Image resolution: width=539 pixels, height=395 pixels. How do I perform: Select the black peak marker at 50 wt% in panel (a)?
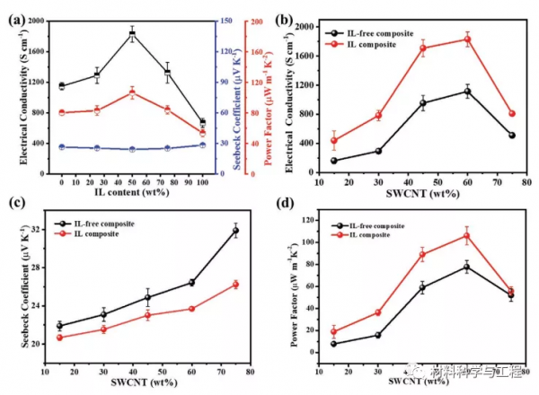click(x=132, y=34)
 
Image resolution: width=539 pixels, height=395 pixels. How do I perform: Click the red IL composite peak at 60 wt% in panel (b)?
click(x=467, y=39)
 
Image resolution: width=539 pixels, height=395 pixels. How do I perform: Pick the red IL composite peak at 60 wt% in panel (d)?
click(x=467, y=235)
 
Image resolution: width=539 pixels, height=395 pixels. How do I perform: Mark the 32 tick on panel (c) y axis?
click(x=36, y=231)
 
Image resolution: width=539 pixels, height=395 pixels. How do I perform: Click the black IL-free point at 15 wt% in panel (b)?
click(x=334, y=161)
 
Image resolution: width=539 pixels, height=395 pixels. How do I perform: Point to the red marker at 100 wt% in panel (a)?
click(x=202, y=133)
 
